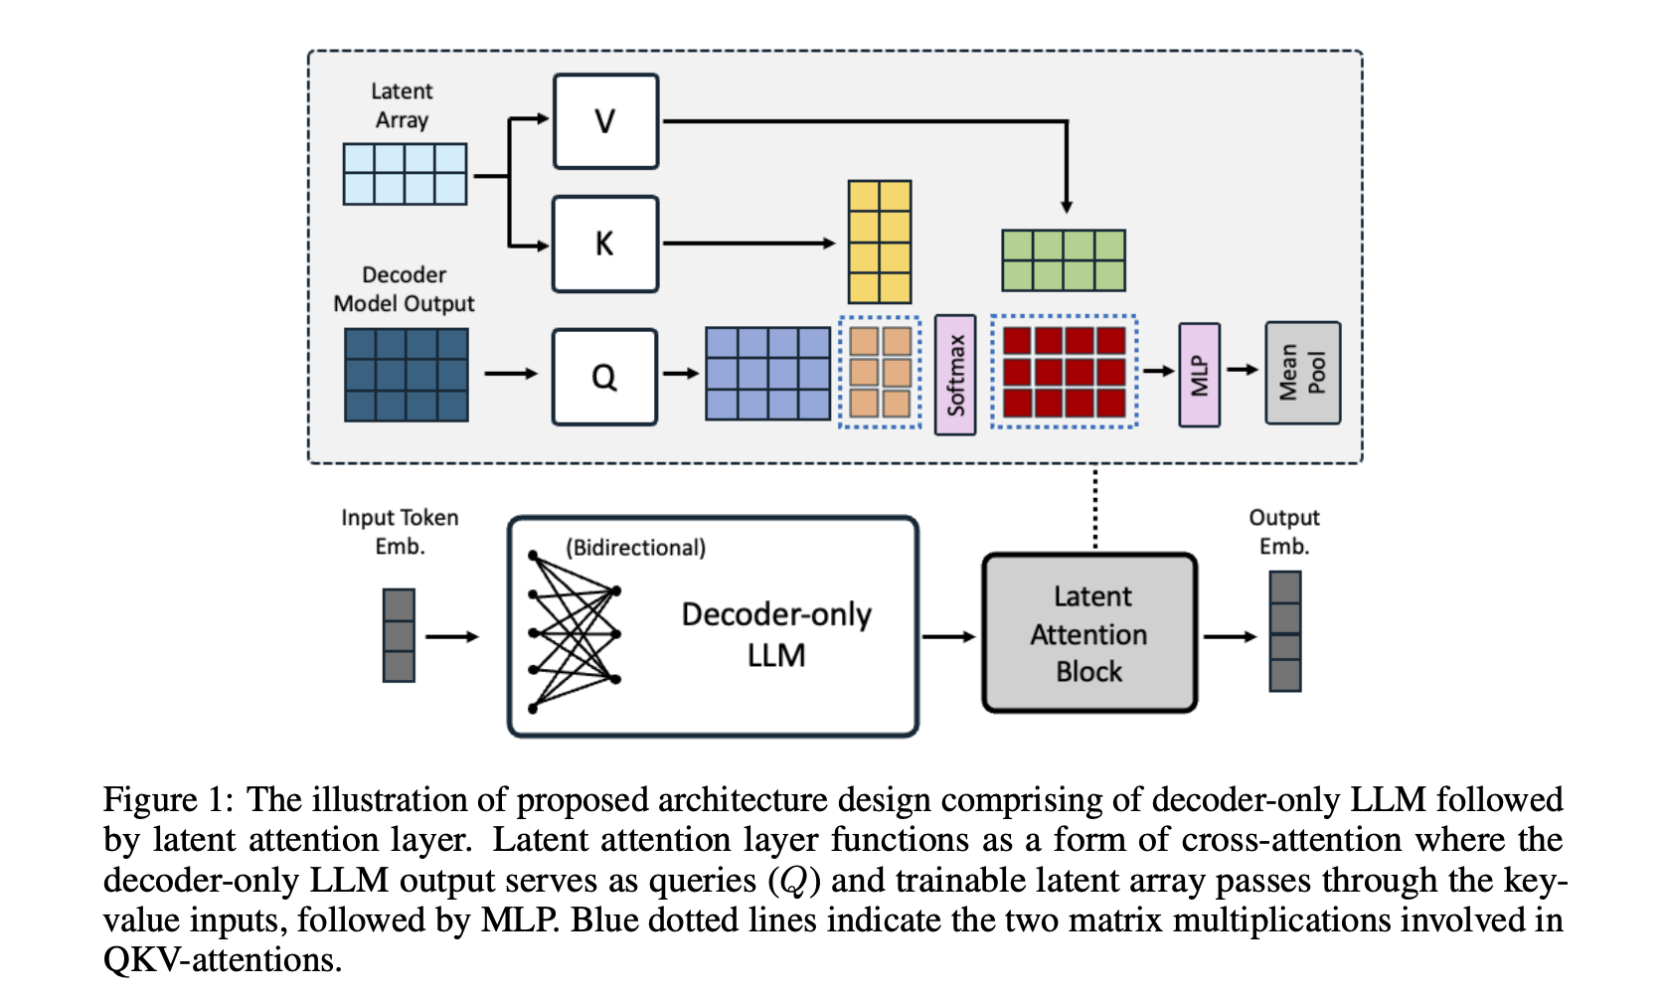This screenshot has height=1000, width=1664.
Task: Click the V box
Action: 605,121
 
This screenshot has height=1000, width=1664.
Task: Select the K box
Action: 605,244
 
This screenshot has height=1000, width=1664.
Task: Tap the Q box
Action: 604,377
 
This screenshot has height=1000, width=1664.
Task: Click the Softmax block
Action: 955,375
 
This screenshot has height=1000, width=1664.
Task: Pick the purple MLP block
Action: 1199,375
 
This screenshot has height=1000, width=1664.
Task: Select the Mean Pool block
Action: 1302,373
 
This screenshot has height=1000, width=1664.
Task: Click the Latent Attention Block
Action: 1089,633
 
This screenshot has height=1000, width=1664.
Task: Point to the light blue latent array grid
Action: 405,174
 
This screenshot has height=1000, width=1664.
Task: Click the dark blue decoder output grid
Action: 406,375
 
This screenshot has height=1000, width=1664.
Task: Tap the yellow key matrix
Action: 879,242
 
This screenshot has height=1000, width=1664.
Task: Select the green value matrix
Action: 1064,260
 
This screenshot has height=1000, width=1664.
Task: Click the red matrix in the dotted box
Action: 1064,372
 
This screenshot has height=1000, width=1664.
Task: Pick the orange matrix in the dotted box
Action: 881,372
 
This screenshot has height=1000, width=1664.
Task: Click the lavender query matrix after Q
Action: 767,373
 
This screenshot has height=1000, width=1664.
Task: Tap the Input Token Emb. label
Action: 400,531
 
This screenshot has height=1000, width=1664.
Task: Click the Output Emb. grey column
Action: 1285,631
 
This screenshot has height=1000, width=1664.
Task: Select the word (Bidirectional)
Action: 635,548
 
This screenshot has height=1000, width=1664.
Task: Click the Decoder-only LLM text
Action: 776,634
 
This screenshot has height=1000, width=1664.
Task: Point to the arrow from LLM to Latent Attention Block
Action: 948,636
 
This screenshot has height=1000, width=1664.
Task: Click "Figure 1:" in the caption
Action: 168,800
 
